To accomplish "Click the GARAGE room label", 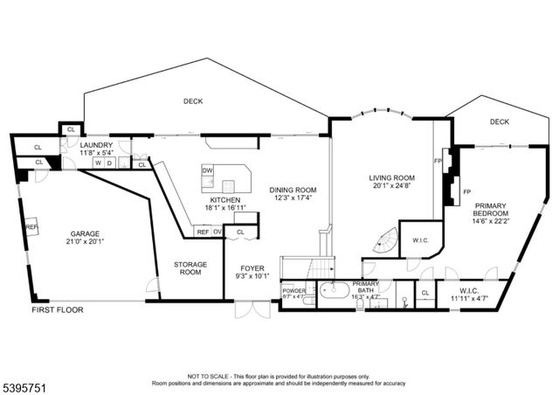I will pyautogui.click(x=86, y=234).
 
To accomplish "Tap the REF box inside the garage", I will pyautogui.click(x=31, y=226).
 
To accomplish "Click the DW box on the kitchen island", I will pyautogui.click(x=208, y=170).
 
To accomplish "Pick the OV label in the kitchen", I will pyautogui.click(x=216, y=232).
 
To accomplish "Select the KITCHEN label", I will pyautogui.click(x=218, y=199).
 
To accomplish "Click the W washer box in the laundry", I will pyautogui.click(x=99, y=163).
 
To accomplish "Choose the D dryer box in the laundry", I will pyautogui.click(x=109, y=163).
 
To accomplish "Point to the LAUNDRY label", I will pyautogui.click(x=95, y=144).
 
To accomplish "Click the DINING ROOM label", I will pyautogui.click(x=293, y=191).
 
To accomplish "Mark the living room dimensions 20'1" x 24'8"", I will pyautogui.click(x=390, y=186).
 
